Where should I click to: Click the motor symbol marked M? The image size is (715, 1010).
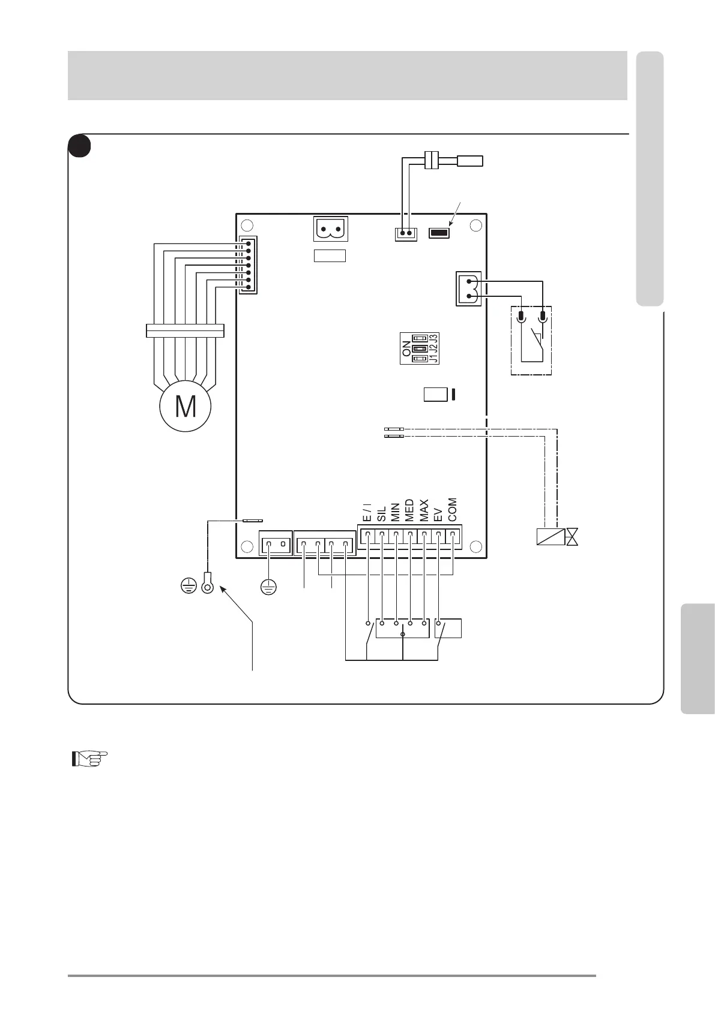pyautogui.click(x=186, y=406)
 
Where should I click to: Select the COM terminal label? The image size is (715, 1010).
pyautogui.click(x=453, y=509)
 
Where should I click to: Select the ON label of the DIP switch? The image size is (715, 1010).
pyautogui.click(x=407, y=348)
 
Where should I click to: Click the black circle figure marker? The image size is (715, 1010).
pyautogui.click(x=79, y=146)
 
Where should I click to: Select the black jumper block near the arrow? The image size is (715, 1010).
pyautogui.click(x=439, y=233)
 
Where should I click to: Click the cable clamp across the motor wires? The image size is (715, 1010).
pyautogui.click(x=185, y=330)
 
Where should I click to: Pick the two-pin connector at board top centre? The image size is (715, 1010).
pyautogui.click(x=331, y=229)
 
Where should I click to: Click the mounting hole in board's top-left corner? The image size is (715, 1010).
pyautogui.click(x=246, y=226)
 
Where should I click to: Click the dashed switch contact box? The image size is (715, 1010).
pyautogui.click(x=531, y=340)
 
